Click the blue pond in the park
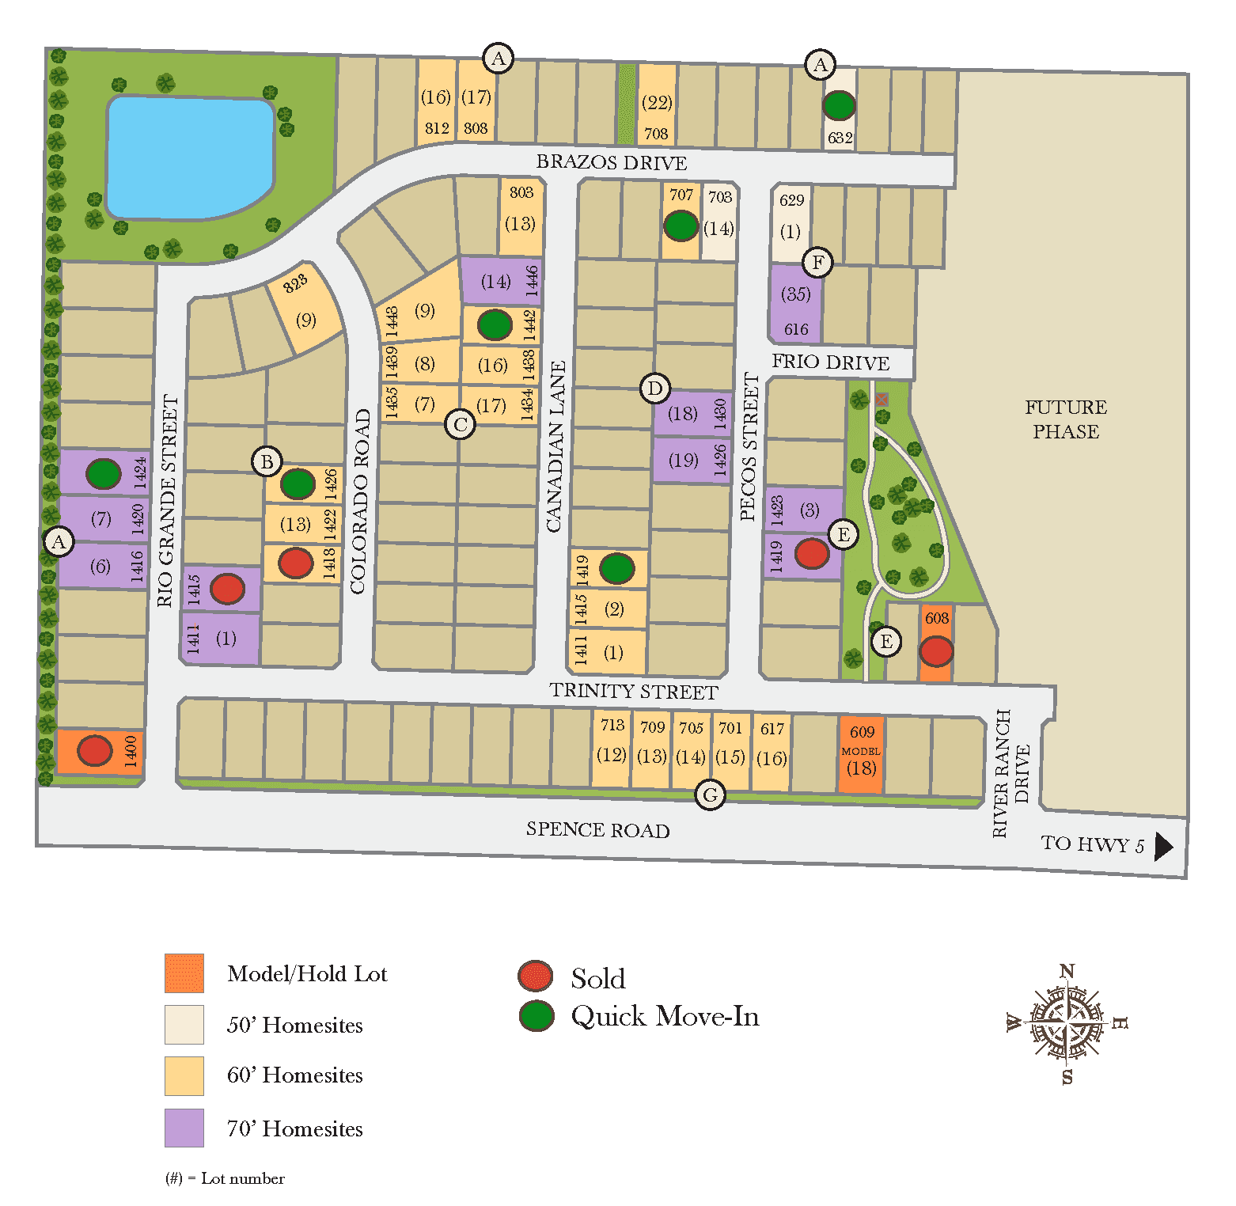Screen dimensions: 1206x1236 pos(190,157)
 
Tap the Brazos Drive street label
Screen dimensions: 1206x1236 pos(611,162)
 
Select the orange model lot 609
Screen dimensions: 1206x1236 pos(861,753)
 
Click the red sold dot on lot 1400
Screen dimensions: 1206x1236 pos(95,750)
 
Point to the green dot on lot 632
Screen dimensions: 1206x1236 pos(839,104)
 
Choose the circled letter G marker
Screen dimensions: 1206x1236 pos(711,795)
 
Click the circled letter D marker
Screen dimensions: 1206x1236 pos(655,389)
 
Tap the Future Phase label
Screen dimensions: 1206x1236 pos(1065,419)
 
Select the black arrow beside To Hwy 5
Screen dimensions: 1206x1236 pos(1163,846)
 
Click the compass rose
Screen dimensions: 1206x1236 pos(1067,1024)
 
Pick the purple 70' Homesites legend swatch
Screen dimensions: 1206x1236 pos(184,1128)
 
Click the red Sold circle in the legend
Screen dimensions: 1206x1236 pos(536,977)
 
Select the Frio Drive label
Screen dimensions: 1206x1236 pos(830,362)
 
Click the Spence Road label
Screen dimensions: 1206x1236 pos(597,829)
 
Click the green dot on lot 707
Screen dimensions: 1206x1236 pos(681,226)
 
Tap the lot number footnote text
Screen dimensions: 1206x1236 pos(225,1178)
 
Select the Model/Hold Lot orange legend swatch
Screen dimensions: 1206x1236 pos(184,973)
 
